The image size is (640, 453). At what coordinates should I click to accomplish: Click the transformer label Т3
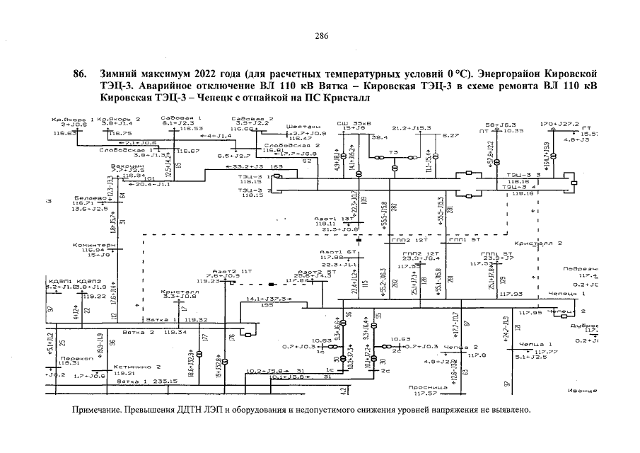click(394, 151)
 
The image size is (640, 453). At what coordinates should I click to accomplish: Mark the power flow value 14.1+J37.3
click(266, 299)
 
